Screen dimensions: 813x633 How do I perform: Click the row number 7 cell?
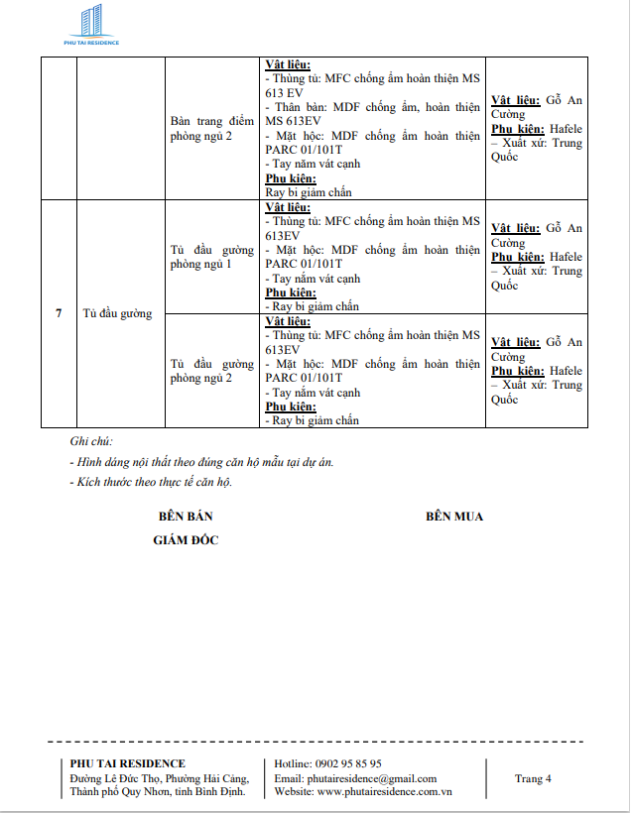(x=59, y=313)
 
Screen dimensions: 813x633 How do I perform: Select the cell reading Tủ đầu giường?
(x=118, y=313)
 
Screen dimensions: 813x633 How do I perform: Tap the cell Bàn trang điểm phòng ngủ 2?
(x=212, y=128)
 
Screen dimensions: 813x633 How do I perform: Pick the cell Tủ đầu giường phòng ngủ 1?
(x=212, y=257)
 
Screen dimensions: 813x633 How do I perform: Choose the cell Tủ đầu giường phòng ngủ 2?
(x=212, y=371)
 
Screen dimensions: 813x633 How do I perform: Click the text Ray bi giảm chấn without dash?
(x=308, y=192)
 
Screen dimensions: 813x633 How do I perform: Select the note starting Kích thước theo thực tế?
(x=155, y=483)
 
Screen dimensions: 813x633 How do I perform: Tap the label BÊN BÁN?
(x=186, y=517)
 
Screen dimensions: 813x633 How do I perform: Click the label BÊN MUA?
(x=454, y=517)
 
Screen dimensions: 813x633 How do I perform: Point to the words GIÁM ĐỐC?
(x=186, y=539)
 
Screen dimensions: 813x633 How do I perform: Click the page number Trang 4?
(x=533, y=778)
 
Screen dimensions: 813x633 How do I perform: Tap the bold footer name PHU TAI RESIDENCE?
(x=128, y=763)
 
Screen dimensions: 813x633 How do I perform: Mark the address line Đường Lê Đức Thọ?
(x=157, y=778)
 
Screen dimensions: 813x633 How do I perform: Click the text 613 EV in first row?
(x=283, y=92)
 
